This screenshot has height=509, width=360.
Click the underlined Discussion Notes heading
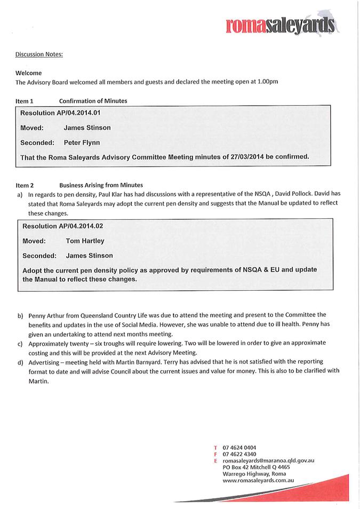pos(39,54)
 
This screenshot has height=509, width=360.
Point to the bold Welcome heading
pos(29,73)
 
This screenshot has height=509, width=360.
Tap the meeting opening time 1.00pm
pos(266,82)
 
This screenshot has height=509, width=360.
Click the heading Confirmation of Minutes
pos(93,101)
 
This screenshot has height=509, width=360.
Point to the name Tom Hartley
pos(85,241)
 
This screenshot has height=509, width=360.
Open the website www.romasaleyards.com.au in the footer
pos(258,480)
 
